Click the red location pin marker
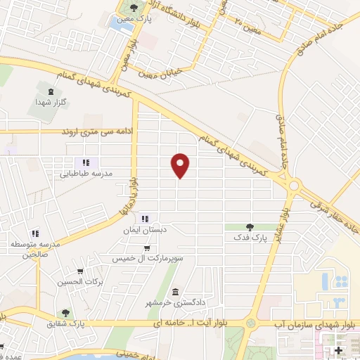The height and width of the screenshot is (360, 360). pyautogui.click(x=181, y=165)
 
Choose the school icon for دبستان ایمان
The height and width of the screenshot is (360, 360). pyautogui.click(x=146, y=217)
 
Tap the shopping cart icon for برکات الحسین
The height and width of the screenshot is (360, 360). pyautogui.click(x=80, y=271)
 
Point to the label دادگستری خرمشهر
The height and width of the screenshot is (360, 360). pyautogui.click(x=174, y=302)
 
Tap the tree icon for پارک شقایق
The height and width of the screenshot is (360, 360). pyautogui.click(x=65, y=313)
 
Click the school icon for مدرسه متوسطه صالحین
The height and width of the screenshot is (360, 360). pyautogui.click(x=34, y=233)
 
